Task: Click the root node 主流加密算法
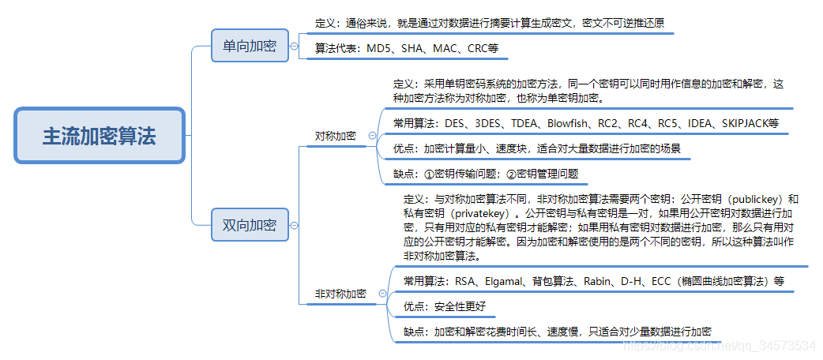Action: [x=100, y=136]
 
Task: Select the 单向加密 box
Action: [x=249, y=46]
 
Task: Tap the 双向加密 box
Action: [x=249, y=226]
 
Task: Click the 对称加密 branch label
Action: [x=336, y=136]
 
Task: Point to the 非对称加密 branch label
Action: [x=340, y=294]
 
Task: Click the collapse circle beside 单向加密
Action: [x=295, y=47]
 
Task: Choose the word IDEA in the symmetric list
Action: [x=698, y=123]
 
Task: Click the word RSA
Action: [x=465, y=281]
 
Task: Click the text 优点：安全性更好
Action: [x=444, y=306]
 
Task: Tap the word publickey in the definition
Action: [x=741, y=199]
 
